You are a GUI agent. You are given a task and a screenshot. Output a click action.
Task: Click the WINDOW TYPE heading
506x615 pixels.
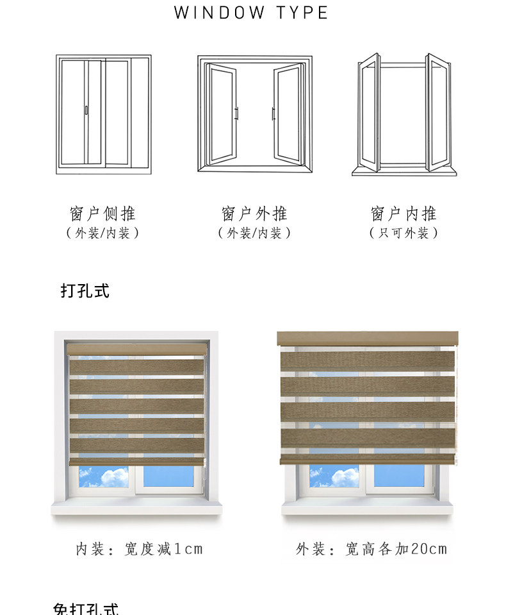pos(252,13)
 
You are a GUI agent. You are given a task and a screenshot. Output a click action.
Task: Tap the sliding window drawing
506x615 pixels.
pos(104,115)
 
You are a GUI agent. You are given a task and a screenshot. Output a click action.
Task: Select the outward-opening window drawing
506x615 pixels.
pos(254,114)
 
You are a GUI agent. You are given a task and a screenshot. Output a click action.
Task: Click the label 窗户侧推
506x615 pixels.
pos(103,214)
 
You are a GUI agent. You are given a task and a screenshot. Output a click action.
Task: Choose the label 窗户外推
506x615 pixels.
pos(254,214)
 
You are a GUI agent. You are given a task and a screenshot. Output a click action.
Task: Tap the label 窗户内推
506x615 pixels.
pos(404,214)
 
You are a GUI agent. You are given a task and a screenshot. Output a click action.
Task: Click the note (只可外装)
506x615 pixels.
pos(404,233)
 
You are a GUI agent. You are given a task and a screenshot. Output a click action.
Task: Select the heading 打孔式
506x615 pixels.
pos(85,291)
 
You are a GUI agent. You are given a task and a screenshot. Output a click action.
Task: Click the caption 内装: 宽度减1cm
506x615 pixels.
pos(139,549)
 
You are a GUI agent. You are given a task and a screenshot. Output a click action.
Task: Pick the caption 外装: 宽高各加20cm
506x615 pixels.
pos(371,549)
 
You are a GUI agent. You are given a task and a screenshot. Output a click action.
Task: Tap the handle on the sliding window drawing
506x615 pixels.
pos(86,110)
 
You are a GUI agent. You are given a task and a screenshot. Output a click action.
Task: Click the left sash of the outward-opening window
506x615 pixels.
pos(222,114)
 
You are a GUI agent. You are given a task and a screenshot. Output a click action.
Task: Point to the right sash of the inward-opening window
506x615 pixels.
pos(439,113)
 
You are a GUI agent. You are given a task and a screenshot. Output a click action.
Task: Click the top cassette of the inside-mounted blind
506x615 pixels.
pos(138,348)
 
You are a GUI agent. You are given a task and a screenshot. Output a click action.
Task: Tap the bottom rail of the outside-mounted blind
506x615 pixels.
pos(368,459)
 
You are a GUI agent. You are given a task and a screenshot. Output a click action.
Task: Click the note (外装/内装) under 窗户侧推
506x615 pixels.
pos(103,233)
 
